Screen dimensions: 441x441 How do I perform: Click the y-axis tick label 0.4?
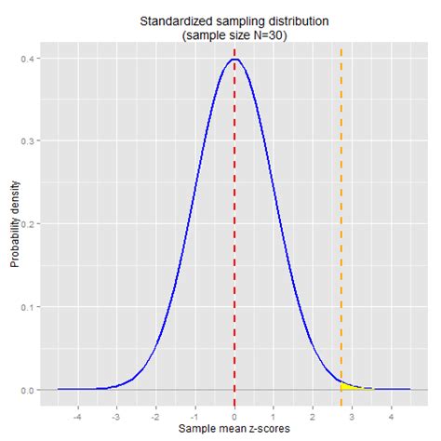[x=29, y=59]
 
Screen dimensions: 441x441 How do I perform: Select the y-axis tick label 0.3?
[x=29, y=141]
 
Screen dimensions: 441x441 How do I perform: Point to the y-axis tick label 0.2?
[x=29, y=224]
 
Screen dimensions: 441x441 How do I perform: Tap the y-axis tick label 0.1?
[x=29, y=307]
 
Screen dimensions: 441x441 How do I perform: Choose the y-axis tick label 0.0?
[x=29, y=389]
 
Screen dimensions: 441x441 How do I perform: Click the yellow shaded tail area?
[x=346, y=385]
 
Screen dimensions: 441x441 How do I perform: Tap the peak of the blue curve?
[x=234, y=60]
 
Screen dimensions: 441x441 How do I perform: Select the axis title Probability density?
[x=14, y=223]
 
